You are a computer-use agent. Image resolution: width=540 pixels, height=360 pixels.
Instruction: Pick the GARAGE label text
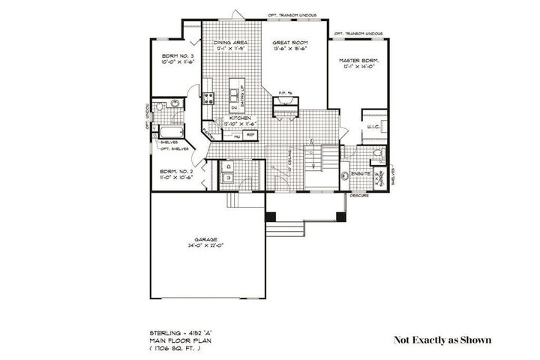point(206,240)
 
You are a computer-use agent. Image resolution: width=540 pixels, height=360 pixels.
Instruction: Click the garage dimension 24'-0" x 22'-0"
point(206,246)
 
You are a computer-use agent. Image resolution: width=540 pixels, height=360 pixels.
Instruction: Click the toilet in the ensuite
point(379,154)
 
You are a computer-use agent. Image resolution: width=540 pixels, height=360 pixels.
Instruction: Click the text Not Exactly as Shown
point(442,340)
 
